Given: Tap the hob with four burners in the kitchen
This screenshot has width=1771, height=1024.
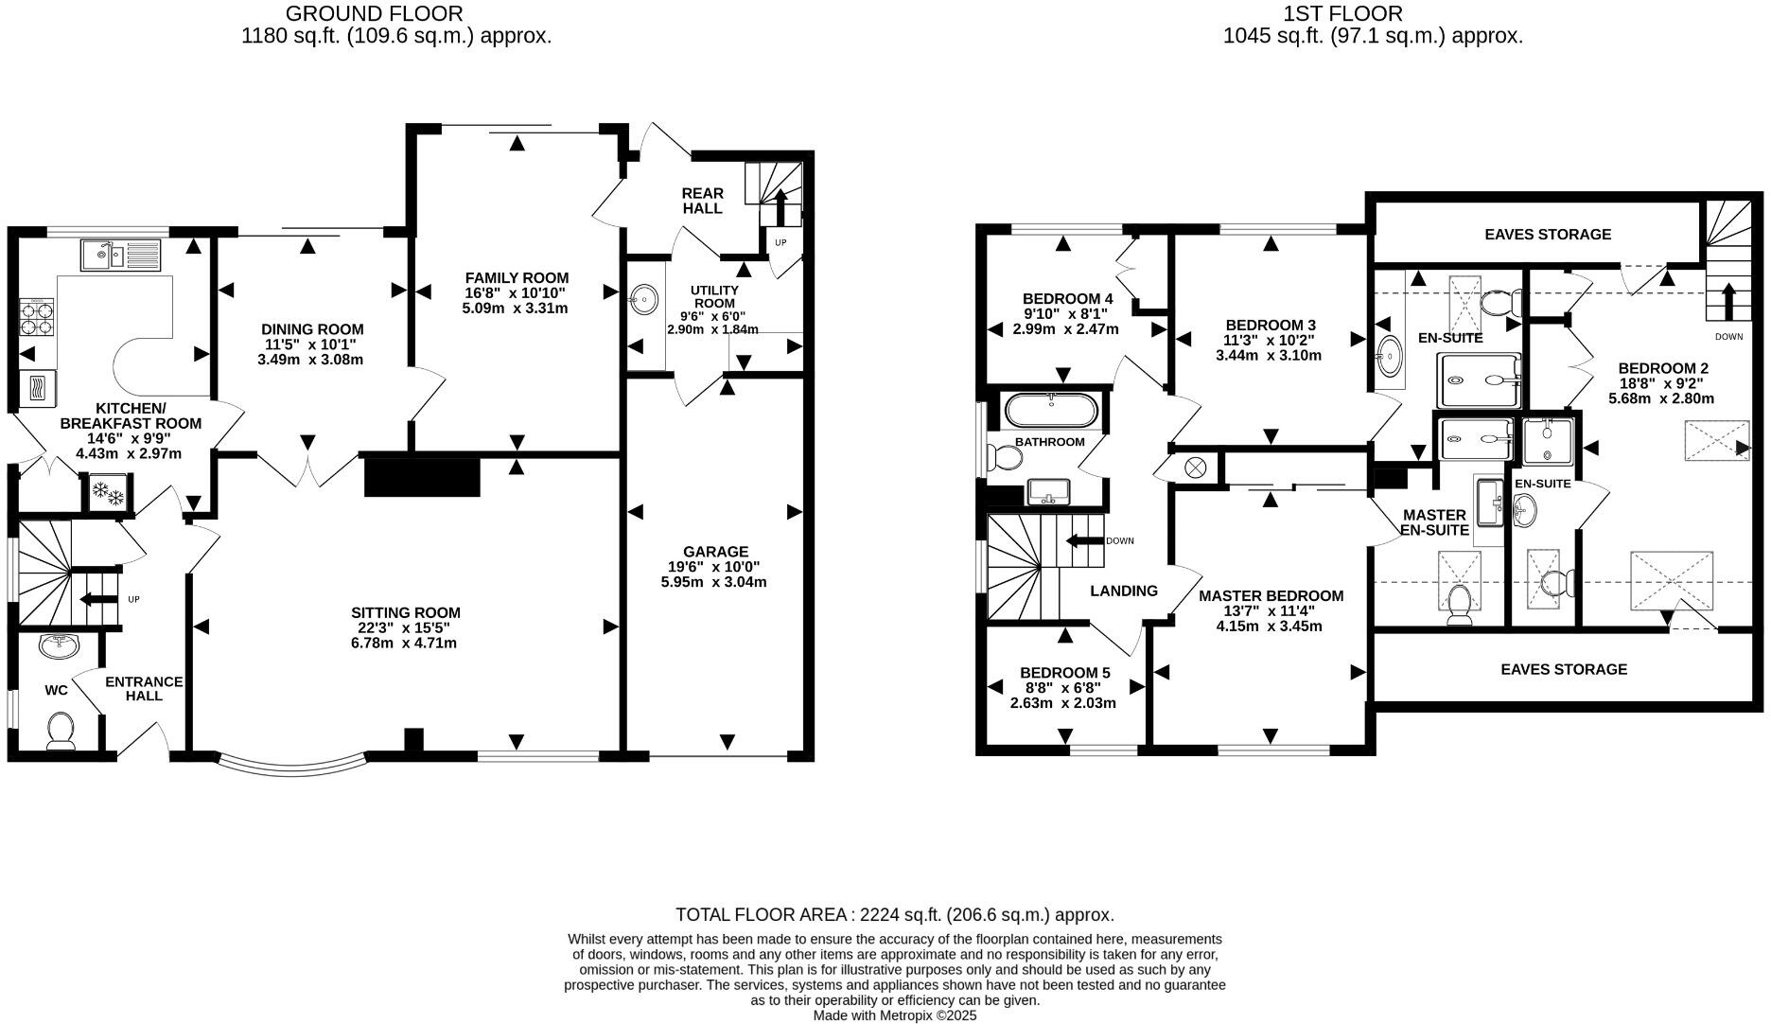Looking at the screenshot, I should (37, 317).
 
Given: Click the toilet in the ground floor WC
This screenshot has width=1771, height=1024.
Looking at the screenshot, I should (61, 730).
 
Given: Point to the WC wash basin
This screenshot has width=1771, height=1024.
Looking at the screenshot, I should (60, 646).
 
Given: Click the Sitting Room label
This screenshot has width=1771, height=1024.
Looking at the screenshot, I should (405, 612).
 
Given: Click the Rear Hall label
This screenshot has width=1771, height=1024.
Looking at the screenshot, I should (702, 201).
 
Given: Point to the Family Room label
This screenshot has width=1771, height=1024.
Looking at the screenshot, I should (517, 277).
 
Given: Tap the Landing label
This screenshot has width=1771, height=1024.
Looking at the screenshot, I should (1123, 591).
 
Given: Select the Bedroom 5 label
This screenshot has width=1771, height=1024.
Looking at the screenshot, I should (1064, 673).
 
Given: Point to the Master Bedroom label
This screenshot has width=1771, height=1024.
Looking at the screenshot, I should (1271, 595).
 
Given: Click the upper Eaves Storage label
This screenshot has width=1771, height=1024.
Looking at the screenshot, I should (1547, 234).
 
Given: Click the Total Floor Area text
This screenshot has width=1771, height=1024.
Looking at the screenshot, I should (894, 914).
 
